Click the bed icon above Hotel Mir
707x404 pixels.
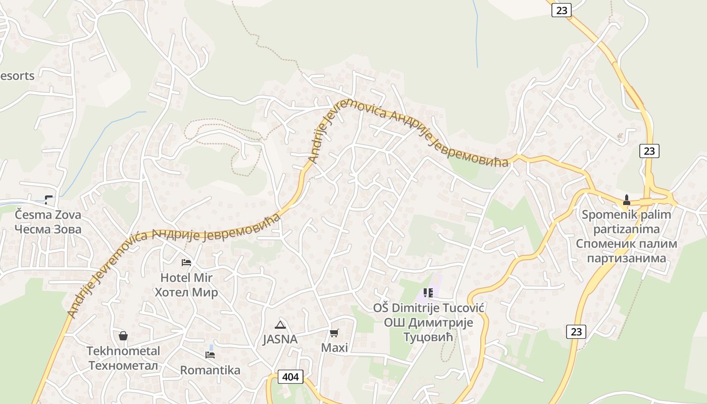[186, 262]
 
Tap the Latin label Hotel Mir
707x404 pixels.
[186, 277]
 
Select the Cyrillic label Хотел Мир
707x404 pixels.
[186, 292]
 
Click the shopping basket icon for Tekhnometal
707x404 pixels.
[123, 336]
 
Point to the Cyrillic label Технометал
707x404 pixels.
[123, 366]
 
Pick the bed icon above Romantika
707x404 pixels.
[210, 355]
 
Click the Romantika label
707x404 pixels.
[210, 370]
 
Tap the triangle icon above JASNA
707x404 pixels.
[280, 324]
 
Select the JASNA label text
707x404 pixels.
[280, 339]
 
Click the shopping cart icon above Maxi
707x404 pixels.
[334, 333]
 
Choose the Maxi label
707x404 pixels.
[334, 348]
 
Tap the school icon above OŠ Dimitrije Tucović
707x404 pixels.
[428, 293]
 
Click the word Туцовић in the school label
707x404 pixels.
[428, 337]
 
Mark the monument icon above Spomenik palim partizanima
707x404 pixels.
[627, 199]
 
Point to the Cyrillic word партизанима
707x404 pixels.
[626, 258]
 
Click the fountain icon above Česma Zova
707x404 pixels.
[48, 200]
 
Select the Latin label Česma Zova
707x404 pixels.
[48, 215]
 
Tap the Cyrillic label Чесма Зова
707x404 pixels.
[48, 229]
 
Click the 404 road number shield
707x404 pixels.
[290, 377]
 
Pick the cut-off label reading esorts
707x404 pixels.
[18, 76]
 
